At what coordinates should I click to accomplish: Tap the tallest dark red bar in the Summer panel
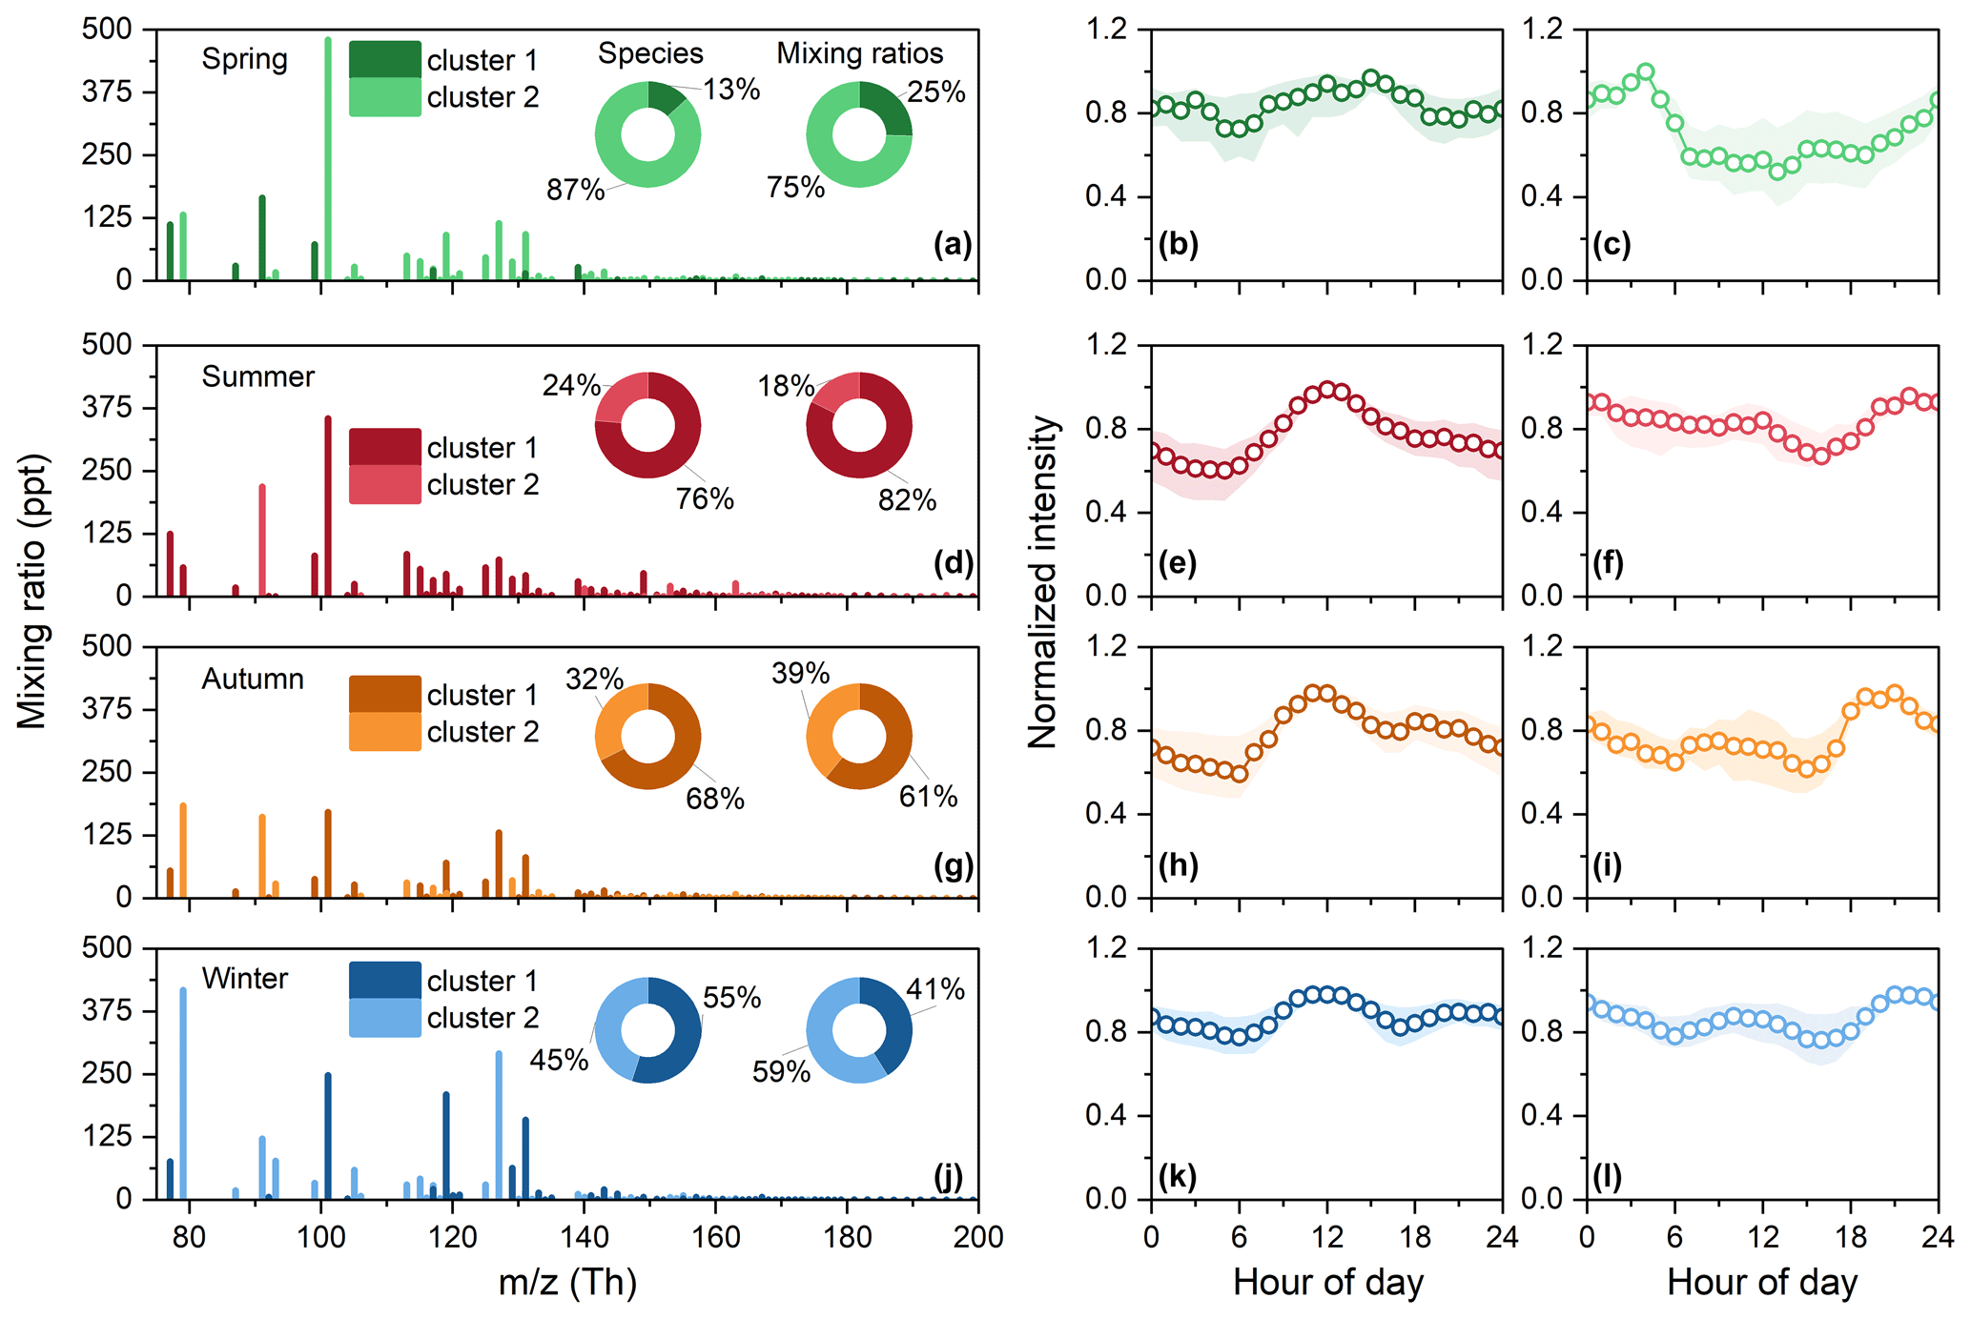(x=328, y=505)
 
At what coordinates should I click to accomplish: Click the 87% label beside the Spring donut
(x=575, y=190)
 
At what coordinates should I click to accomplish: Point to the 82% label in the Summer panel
(x=907, y=499)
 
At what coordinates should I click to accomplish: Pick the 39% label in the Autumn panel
(x=800, y=674)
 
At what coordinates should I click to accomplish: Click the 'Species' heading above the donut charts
(x=650, y=53)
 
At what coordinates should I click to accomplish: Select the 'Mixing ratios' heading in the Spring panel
(x=859, y=53)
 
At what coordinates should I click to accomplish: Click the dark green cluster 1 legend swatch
(x=384, y=59)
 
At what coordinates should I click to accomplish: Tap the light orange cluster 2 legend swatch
(x=384, y=732)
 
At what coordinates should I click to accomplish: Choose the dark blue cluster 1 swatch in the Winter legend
(x=384, y=981)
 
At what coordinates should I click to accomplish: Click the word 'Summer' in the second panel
(x=257, y=376)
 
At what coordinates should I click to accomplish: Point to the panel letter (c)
(x=1612, y=245)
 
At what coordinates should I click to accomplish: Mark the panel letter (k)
(x=1178, y=1177)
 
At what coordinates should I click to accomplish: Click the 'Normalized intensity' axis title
(x=1042, y=581)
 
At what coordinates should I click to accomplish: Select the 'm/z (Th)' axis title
(x=567, y=1282)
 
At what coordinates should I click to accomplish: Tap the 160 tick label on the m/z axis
(x=715, y=1237)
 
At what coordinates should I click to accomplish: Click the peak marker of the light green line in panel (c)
(x=1645, y=71)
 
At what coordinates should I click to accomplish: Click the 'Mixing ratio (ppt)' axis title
(x=32, y=591)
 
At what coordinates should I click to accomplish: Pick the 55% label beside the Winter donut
(x=731, y=998)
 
